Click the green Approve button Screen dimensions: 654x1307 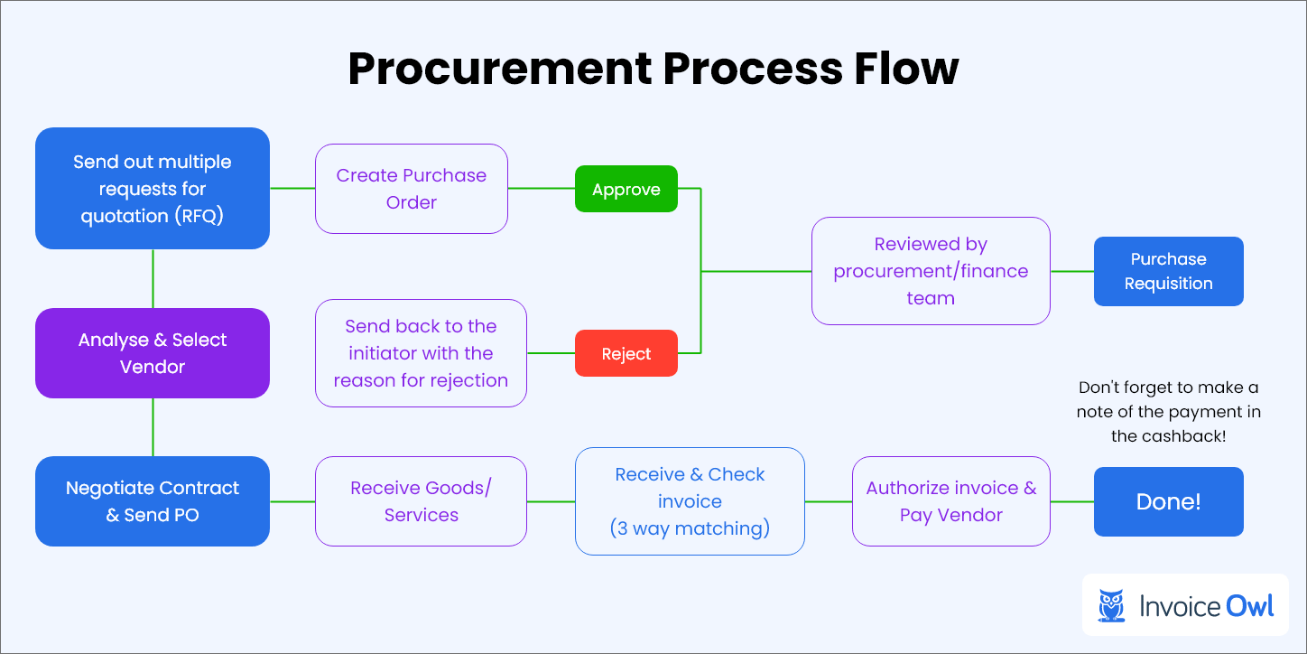click(626, 189)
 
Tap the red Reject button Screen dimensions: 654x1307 click(626, 353)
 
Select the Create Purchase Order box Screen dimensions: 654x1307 click(412, 189)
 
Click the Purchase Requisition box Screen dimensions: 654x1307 click(1168, 271)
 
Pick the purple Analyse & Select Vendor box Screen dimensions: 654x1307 click(153, 353)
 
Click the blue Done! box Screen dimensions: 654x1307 click(1168, 501)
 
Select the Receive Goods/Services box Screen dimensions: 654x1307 click(421, 501)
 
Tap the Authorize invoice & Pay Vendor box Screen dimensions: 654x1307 click(950, 501)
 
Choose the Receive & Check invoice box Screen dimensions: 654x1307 click(690, 501)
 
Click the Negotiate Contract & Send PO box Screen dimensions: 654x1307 click(153, 501)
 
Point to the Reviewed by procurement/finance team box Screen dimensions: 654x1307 click(931, 271)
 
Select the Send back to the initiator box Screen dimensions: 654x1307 click(421, 353)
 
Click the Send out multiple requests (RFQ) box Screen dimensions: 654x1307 click(153, 189)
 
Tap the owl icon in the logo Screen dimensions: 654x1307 click(1111, 605)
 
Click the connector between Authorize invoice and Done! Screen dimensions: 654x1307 click(1072, 501)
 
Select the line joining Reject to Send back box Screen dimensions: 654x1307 click(551, 353)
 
